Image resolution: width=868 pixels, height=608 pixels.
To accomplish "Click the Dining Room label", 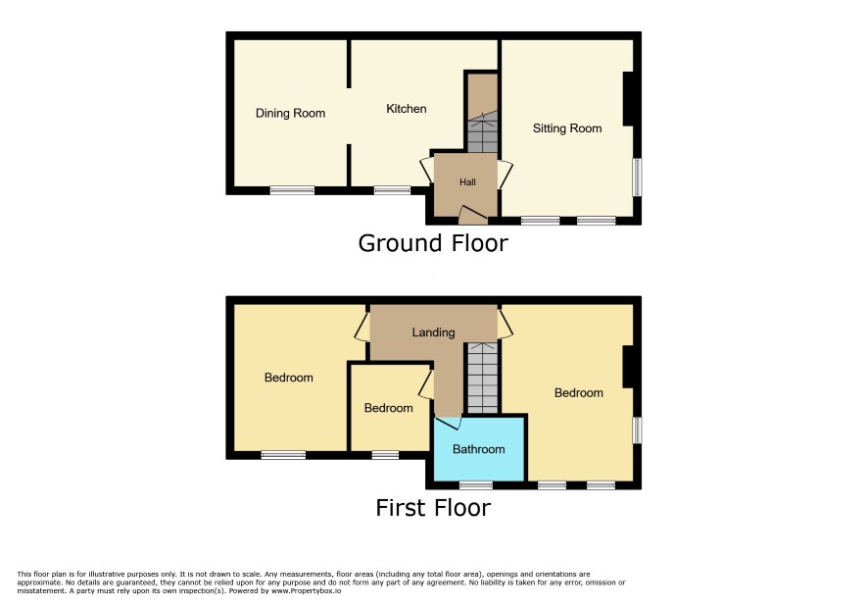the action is (x=290, y=113).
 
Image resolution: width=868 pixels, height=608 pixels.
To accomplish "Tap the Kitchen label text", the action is (x=407, y=109).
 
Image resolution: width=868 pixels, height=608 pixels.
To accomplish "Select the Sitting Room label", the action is (x=567, y=128).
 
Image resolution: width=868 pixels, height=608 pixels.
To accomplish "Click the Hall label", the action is (x=467, y=181).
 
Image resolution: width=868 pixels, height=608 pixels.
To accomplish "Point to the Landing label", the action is (x=433, y=332).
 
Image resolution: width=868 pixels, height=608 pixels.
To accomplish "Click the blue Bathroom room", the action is (x=479, y=448).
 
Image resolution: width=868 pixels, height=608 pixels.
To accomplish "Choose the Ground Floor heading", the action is (x=433, y=243).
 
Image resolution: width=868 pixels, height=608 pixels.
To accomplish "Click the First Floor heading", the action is (x=433, y=508).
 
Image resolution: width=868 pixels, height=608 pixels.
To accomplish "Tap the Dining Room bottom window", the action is (x=292, y=190).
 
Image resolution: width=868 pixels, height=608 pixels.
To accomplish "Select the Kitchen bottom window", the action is (x=393, y=190).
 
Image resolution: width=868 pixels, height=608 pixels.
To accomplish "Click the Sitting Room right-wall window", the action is (x=637, y=177).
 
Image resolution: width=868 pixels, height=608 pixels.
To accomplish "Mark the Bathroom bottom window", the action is (x=476, y=485).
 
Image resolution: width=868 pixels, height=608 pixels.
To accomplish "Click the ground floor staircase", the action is (x=482, y=113).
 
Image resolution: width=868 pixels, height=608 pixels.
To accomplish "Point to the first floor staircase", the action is (x=483, y=378).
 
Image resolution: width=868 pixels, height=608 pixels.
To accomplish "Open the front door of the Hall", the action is (x=473, y=215).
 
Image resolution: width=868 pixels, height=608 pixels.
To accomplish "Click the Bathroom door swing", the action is (x=449, y=423).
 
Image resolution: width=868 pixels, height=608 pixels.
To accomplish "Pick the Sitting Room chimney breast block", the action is (x=628, y=99).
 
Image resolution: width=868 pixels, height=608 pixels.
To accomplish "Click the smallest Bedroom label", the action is (x=389, y=408).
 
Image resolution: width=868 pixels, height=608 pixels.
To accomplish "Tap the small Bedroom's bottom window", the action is (x=385, y=455).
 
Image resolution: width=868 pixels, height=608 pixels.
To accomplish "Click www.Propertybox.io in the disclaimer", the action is (x=306, y=590).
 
